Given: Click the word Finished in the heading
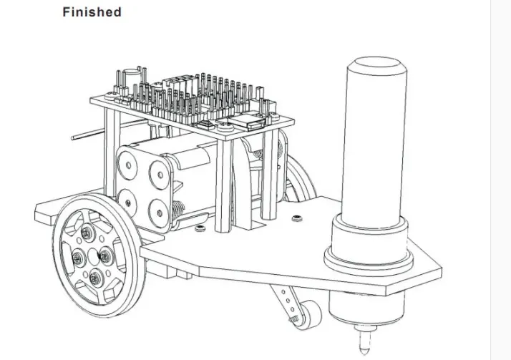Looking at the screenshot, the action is [x=92, y=12].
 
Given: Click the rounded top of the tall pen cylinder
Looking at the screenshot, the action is [x=376, y=66].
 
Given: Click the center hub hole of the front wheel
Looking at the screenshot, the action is [x=93, y=256].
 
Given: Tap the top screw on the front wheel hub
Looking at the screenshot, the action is [x=87, y=233].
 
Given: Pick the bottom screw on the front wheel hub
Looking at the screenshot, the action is [x=97, y=278].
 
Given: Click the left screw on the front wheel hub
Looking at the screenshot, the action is [x=79, y=258].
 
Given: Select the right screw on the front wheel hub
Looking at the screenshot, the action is [x=105, y=256].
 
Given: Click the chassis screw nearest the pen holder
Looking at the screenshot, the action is [x=296, y=218].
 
